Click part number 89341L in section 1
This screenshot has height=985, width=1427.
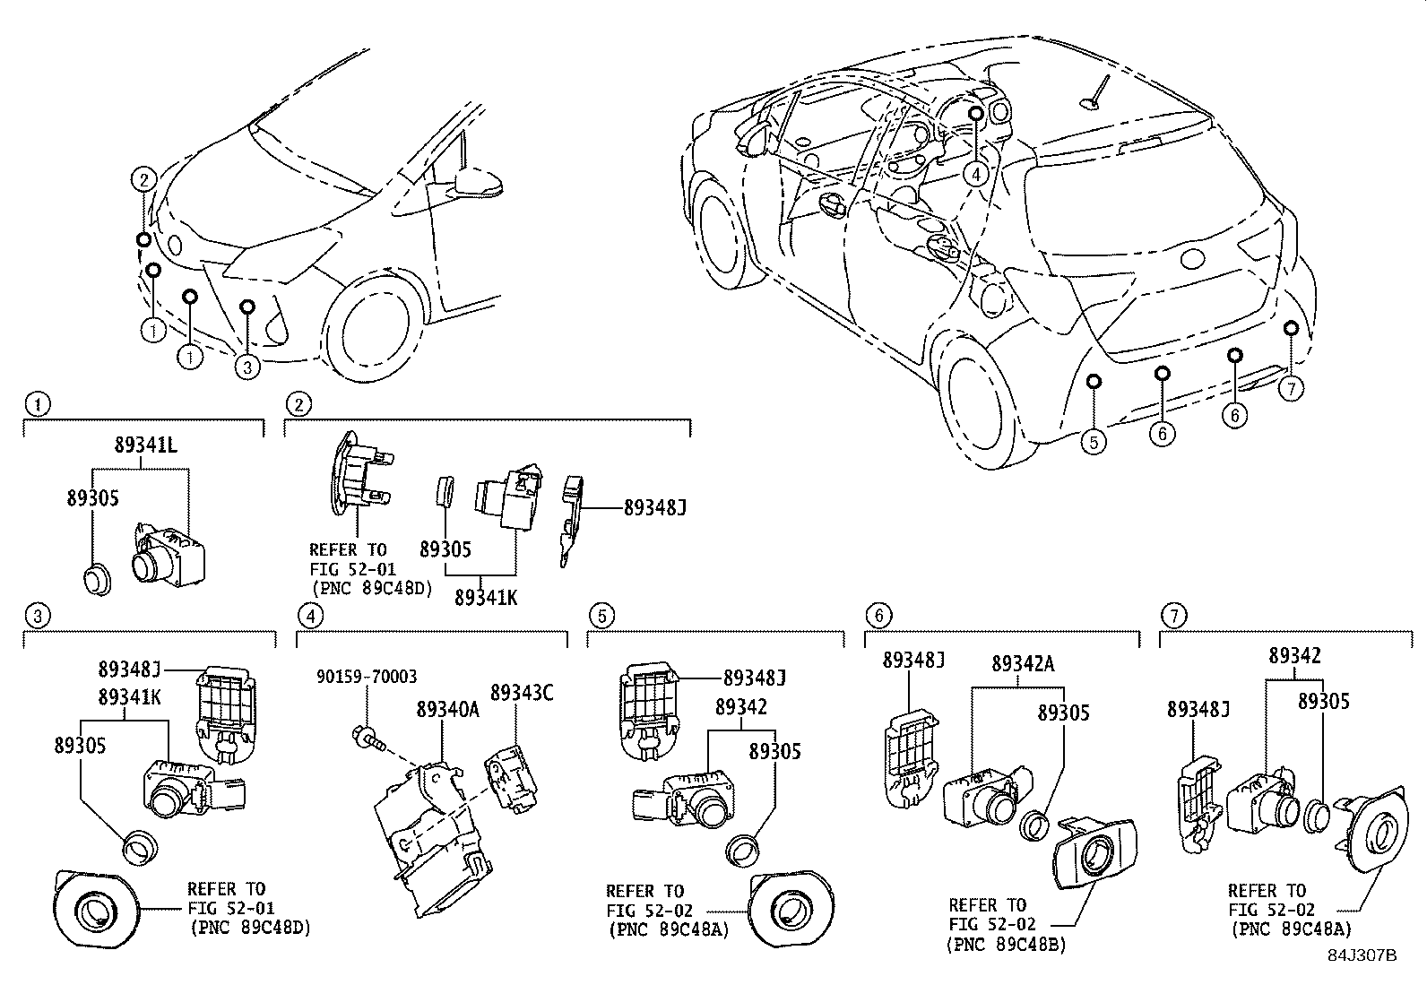click(x=147, y=445)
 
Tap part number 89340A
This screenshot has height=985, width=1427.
click(x=447, y=709)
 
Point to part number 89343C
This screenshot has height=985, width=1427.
click(x=521, y=692)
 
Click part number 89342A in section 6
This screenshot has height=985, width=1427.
click(x=1023, y=663)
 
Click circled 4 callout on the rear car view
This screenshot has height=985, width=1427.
click(x=976, y=175)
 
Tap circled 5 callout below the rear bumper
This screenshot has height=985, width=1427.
click(x=1094, y=440)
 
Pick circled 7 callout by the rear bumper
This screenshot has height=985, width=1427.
click(x=1291, y=388)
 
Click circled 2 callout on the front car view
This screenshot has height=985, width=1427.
click(x=143, y=179)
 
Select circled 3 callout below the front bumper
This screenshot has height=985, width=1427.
click(x=247, y=365)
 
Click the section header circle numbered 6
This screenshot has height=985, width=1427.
click(x=878, y=615)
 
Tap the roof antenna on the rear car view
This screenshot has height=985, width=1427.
click(x=1095, y=96)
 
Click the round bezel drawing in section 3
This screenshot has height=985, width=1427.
click(x=94, y=912)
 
